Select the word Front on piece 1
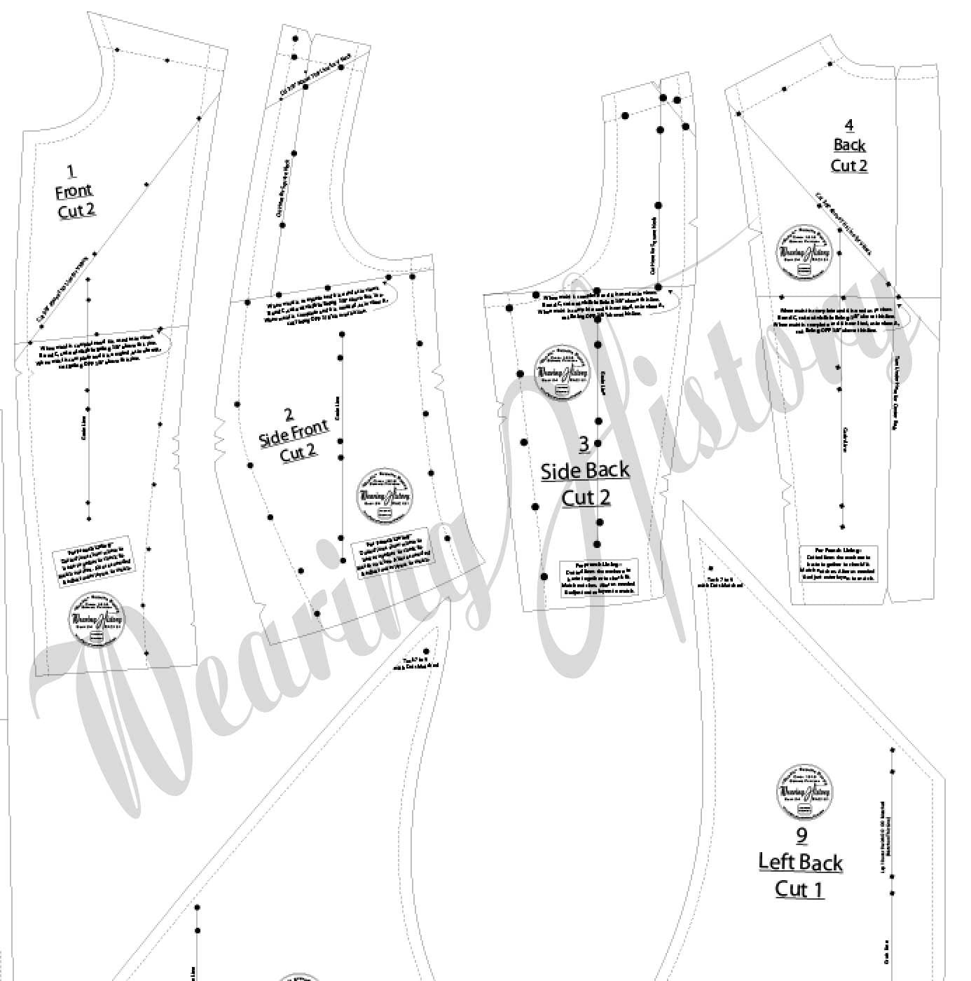click(74, 191)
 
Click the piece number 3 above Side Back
click(584, 444)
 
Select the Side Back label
click(585, 470)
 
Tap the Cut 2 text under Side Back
click(586, 497)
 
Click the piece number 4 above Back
click(849, 125)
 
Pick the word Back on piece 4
click(849, 145)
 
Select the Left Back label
click(800, 862)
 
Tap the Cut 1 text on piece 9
click(799, 889)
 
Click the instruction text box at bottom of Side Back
click(600, 579)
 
